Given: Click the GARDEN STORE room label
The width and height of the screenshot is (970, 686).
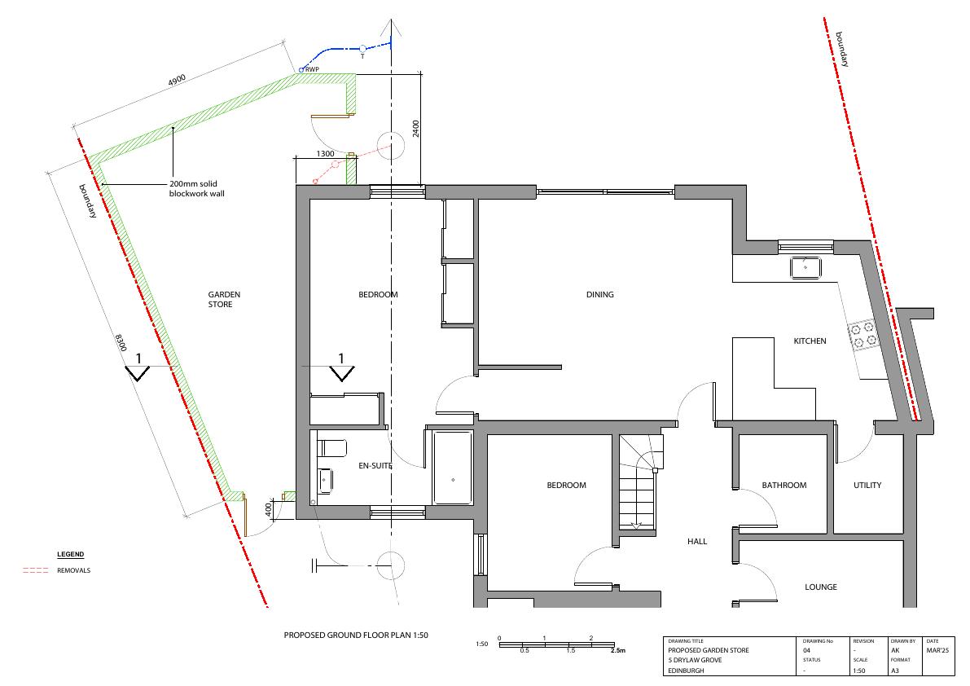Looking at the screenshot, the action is click(x=224, y=299).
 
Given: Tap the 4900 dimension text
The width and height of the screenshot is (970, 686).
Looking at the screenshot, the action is click(x=177, y=81).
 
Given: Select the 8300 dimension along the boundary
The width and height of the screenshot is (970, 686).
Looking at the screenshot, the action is click(x=121, y=343).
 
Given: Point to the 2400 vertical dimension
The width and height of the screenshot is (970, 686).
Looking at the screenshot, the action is click(x=415, y=129).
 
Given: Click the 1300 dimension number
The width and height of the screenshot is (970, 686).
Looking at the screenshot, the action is click(x=326, y=153).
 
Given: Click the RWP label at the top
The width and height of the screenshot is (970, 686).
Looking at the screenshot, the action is click(x=313, y=69).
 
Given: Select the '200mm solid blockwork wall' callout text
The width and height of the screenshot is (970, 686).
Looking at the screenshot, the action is click(x=197, y=189).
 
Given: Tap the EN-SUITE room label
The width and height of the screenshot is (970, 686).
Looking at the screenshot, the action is click(x=375, y=466).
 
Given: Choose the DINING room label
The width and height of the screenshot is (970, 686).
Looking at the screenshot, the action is click(x=600, y=294).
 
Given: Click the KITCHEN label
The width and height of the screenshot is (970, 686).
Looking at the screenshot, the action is click(x=810, y=341).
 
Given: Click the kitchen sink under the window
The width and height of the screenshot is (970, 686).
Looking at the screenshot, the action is click(x=805, y=268).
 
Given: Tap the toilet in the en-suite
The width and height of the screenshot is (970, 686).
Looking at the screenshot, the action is click(x=331, y=448).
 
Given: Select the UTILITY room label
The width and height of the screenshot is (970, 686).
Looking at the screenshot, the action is click(x=867, y=485).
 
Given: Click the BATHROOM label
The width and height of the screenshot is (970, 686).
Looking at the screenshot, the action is click(x=783, y=485).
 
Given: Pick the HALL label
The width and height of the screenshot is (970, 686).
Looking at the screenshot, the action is click(x=697, y=541).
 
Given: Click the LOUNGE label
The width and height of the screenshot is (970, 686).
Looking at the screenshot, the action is click(x=821, y=587).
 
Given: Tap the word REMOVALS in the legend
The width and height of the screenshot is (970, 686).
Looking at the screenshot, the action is click(x=73, y=570).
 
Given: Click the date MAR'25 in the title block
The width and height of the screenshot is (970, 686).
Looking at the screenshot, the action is click(x=938, y=650).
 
